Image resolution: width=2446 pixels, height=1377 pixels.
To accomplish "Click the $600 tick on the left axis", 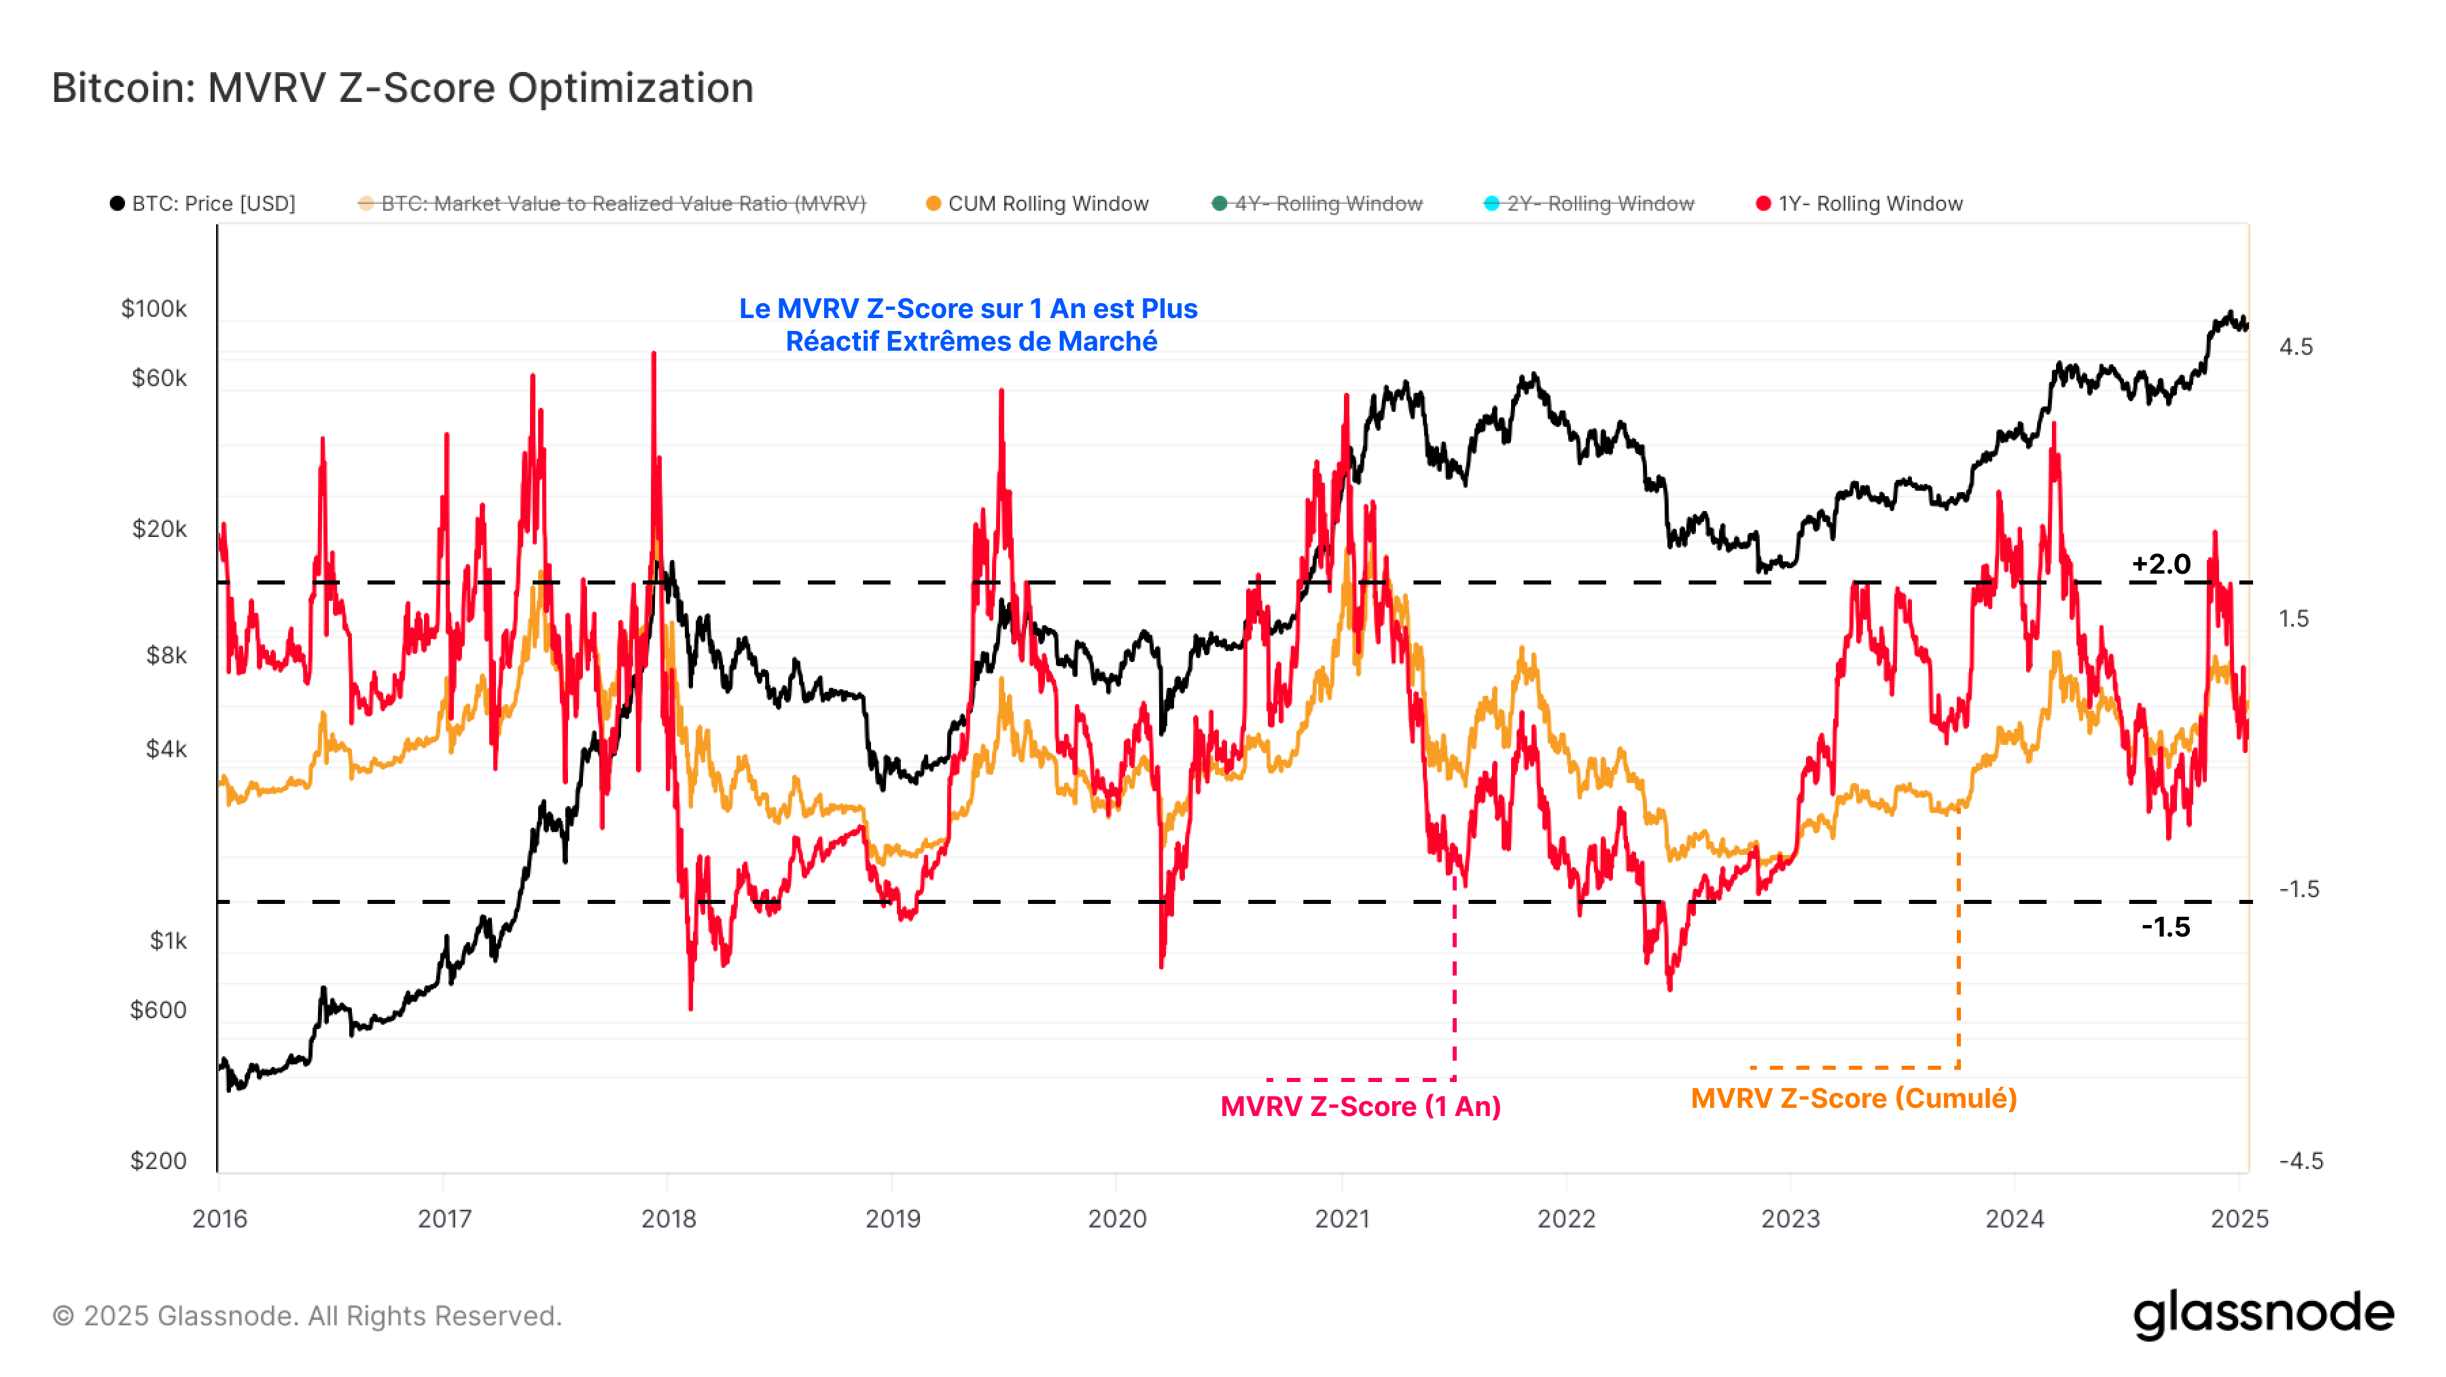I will (158, 1009).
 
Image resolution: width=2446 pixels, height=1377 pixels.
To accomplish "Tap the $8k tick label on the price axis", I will (166, 655).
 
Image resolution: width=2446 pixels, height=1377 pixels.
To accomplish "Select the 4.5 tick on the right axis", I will (2296, 347).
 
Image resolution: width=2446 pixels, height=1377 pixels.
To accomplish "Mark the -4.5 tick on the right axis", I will (2301, 1160).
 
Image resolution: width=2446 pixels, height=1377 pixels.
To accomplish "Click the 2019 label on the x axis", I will (893, 1219).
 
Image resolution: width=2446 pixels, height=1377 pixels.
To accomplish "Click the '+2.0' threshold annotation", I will (2161, 564).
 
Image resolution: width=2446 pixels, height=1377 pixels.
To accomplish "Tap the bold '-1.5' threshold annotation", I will (2166, 927).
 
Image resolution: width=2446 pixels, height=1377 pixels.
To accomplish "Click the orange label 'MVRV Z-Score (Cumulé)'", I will (1854, 1099).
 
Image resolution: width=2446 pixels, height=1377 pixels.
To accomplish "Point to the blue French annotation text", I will (968, 325).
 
